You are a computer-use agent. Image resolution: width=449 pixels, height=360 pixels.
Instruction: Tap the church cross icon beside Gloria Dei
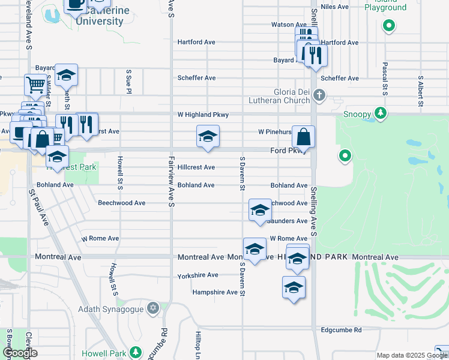point(320,94)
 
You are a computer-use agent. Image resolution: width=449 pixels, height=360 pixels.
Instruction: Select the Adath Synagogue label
point(112,310)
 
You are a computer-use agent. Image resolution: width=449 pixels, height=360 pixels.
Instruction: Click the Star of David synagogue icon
point(153,308)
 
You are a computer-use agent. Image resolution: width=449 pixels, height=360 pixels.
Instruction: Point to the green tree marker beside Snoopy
point(379,113)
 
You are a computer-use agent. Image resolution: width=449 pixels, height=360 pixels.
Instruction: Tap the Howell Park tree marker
point(137,352)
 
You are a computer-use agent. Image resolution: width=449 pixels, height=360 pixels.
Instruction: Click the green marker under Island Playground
point(389,26)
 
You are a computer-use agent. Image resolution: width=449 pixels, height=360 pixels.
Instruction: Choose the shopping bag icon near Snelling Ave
point(304,137)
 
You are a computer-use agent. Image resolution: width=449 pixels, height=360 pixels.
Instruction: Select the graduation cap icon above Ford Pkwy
point(208,136)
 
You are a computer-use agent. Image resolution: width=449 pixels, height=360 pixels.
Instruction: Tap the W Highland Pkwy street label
point(203,115)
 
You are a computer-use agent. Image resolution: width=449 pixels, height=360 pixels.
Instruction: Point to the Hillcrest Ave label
point(196,167)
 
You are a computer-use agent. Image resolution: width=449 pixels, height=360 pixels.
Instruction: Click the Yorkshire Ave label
point(197,275)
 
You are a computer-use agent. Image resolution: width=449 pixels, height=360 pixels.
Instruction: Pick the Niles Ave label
point(335,7)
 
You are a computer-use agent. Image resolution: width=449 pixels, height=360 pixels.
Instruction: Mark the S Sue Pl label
point(128,80)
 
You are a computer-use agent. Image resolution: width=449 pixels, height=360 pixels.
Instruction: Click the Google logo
point(20,353)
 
